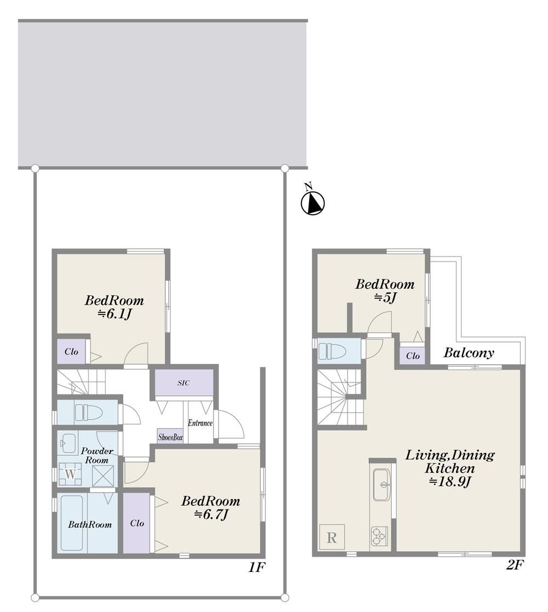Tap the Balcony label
point(469,353)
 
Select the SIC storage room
point(184,382)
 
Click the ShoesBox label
point(170,438)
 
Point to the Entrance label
point(200,422)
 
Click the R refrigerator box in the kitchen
point(332,537)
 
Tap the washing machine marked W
point(70,474)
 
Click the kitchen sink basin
point(382,484)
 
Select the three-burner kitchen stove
point(379,536)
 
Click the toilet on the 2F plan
point(332,351)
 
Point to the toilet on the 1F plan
point(88,412)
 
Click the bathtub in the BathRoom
point(72,523)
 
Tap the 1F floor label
point(257,567)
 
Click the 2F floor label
point(515,565)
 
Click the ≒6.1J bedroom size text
point(114,314)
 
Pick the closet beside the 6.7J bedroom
point(136,523)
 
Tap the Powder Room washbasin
point(68,443)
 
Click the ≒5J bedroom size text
point(386,298)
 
